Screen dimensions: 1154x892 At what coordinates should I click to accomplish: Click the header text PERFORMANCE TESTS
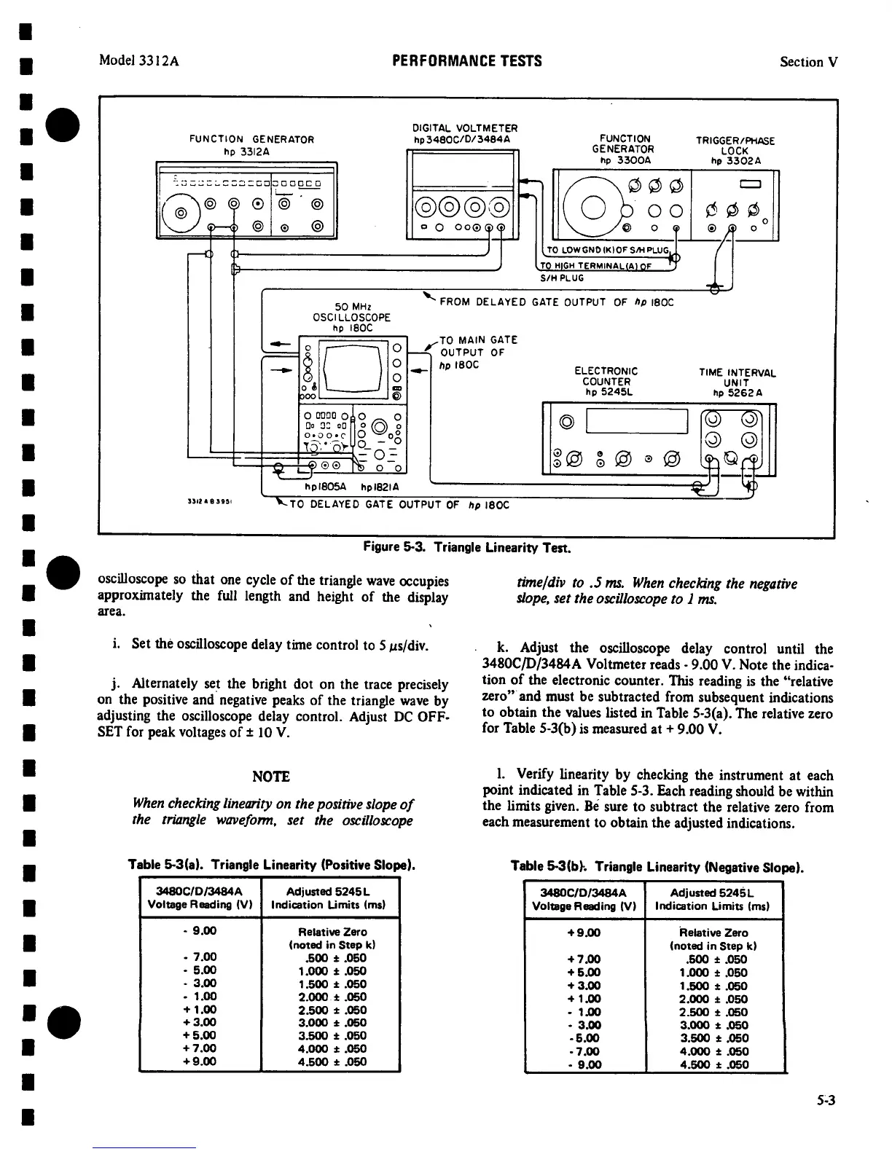coord(466,61)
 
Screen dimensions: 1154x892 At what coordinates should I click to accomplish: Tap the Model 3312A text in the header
coord(139,61)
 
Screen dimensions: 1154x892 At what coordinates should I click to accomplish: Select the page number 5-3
coord(824,1101)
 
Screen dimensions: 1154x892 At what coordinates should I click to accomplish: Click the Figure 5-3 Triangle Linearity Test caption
coord(466,546)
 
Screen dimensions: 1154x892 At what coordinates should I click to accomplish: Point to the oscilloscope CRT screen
coord(353,366)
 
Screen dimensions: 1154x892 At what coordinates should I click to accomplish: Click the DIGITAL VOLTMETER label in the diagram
coord(464,134)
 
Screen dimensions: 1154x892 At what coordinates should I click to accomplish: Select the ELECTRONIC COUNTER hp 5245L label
coord(606,382)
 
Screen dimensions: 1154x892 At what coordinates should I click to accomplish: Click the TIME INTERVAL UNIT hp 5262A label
coord(738,383)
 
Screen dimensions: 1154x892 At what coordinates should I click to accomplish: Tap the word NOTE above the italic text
coord(271,777)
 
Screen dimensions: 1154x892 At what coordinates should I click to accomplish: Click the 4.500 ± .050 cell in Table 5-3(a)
coord(332,1061)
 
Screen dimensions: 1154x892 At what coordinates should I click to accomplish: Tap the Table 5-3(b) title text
coord(657,868)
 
